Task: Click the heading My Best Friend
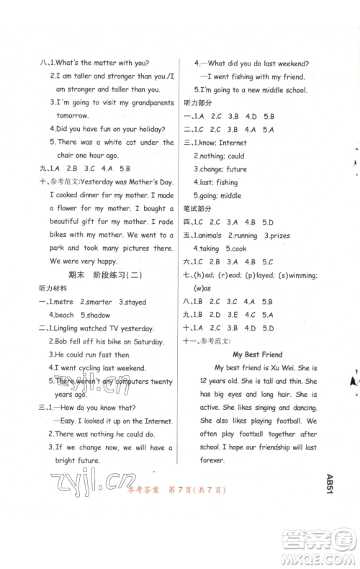(x=257, y=354)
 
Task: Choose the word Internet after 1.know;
(x=233, y=143)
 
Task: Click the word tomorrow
(x=68, y=115)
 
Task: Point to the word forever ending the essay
(x=213, y=460)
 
